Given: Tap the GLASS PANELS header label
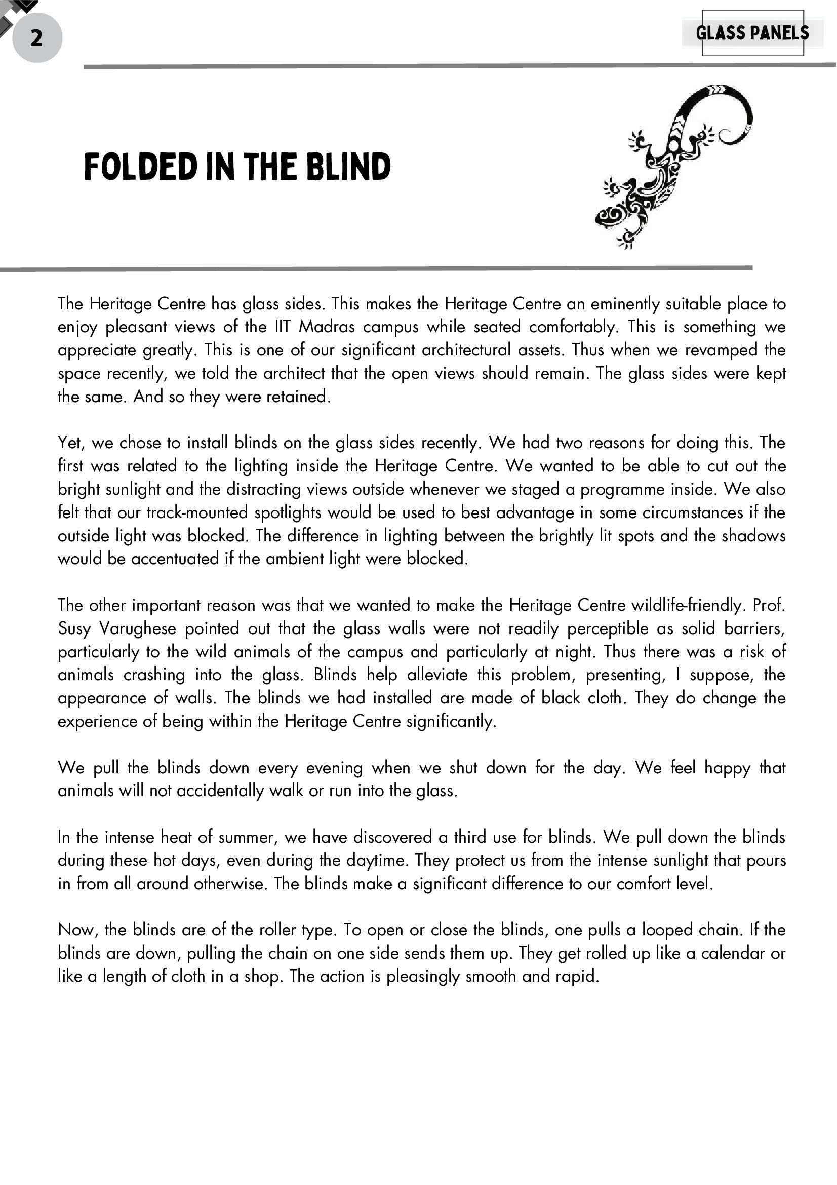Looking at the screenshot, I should (752, 33).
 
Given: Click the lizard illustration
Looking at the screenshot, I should (671, 165).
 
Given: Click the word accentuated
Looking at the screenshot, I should (175, 559).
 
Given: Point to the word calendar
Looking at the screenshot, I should (733, 953).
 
